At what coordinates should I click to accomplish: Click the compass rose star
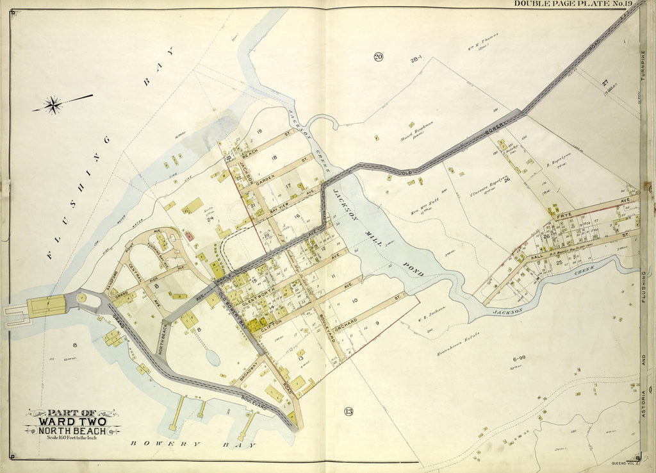pos(53,104)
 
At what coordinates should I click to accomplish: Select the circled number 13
pos(348,411)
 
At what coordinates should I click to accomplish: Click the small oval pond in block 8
pos(213,357)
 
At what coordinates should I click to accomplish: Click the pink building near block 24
pos(190,236)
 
